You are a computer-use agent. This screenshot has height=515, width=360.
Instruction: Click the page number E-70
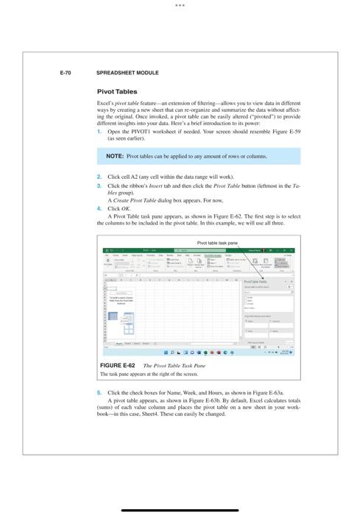coord(65,74)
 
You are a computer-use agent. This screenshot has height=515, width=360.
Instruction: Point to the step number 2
coord(99,177)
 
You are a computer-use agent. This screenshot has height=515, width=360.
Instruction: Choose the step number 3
coord(99,186)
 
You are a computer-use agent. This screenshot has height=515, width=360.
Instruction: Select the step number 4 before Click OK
coord(99,208)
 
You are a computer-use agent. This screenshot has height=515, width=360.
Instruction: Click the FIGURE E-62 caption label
coord(117,365)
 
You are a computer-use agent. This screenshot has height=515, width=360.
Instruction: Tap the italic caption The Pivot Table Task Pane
coord(174,365)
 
